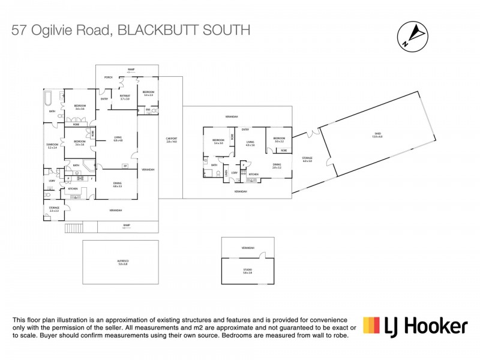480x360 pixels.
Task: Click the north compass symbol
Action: coord(412,35)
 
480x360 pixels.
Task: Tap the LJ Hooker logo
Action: coord(415,326)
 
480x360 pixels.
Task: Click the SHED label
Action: coord(377,134)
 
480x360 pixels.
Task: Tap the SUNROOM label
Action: coord(52,146)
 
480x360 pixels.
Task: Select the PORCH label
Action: coord(109,77)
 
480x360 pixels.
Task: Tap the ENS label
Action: coord(148,109)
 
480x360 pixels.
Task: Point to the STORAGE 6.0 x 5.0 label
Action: coord(308,158)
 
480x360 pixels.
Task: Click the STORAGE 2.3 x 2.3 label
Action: coord(54,209)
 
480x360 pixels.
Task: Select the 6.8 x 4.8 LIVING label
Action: coord(118,139)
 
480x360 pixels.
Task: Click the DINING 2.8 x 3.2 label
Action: coord(277,166)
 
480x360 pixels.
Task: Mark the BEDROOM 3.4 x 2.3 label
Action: coord(148,94)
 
